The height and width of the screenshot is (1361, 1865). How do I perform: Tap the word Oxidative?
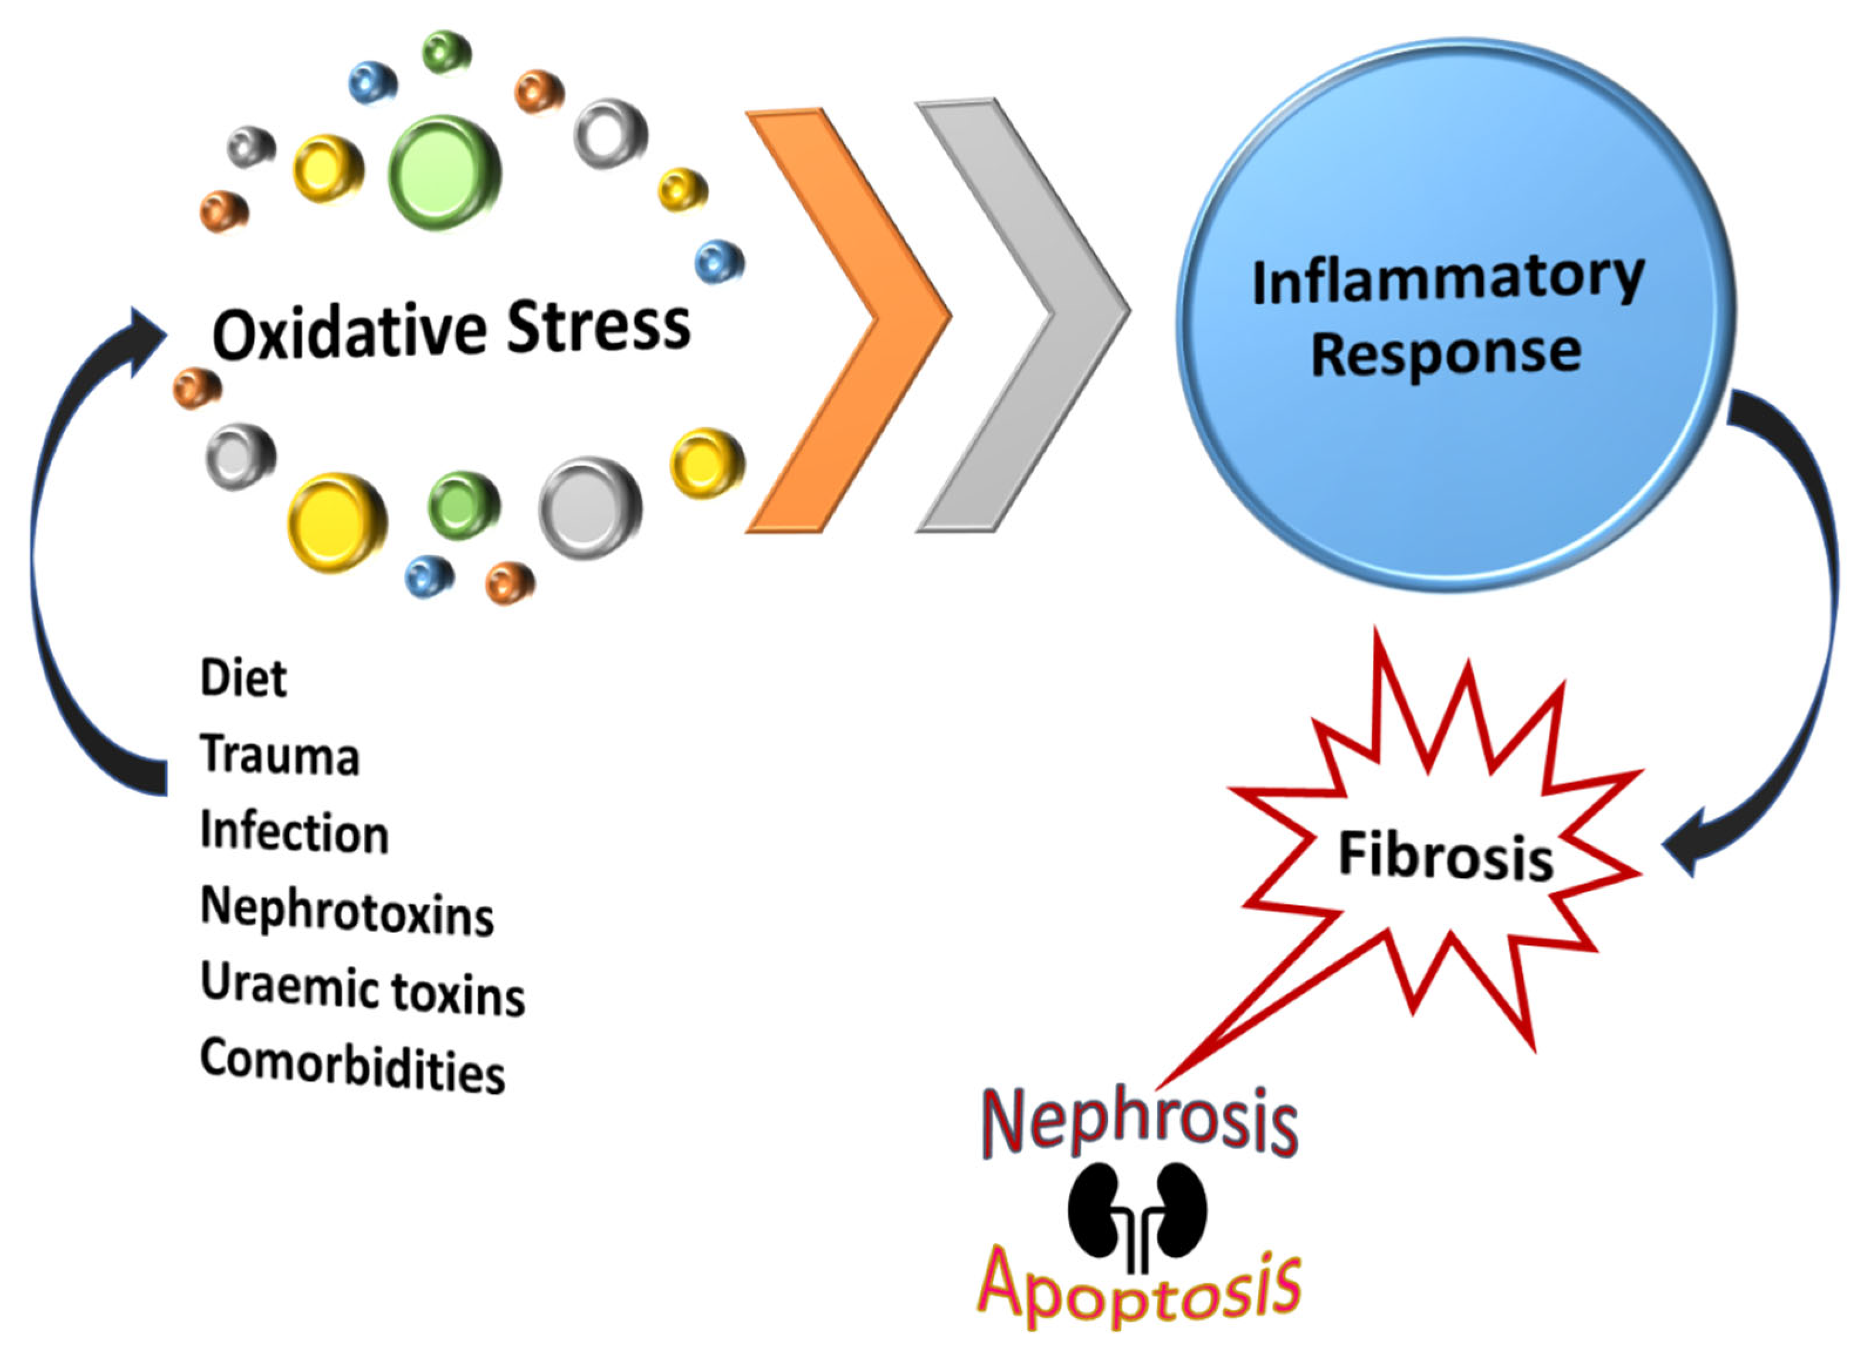pyautogui.click(x=350, y=332)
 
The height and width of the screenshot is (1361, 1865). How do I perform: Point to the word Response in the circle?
pyautogui.click(x=1446, y=354)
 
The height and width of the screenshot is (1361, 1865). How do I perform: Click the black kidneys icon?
pyautogui.click(x=1137, y=1211)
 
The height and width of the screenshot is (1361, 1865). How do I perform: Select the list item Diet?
pyautogui.click(x=243, y=679)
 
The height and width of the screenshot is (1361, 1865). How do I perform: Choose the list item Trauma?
pyautogui.click(x=279, y=755)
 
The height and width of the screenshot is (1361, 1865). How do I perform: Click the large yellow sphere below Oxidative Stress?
pyautogui.click(x=336, y=522)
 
